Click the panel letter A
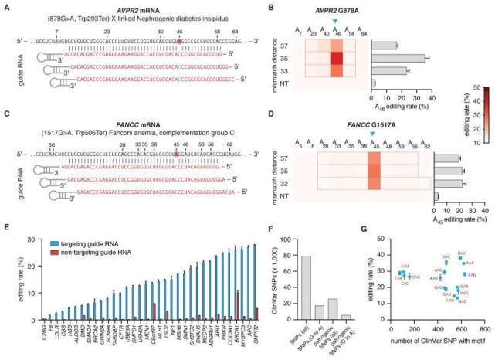[x=5, y=5]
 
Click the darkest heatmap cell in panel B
[x=336, y=58]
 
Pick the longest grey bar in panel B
[x=398, y=58]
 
